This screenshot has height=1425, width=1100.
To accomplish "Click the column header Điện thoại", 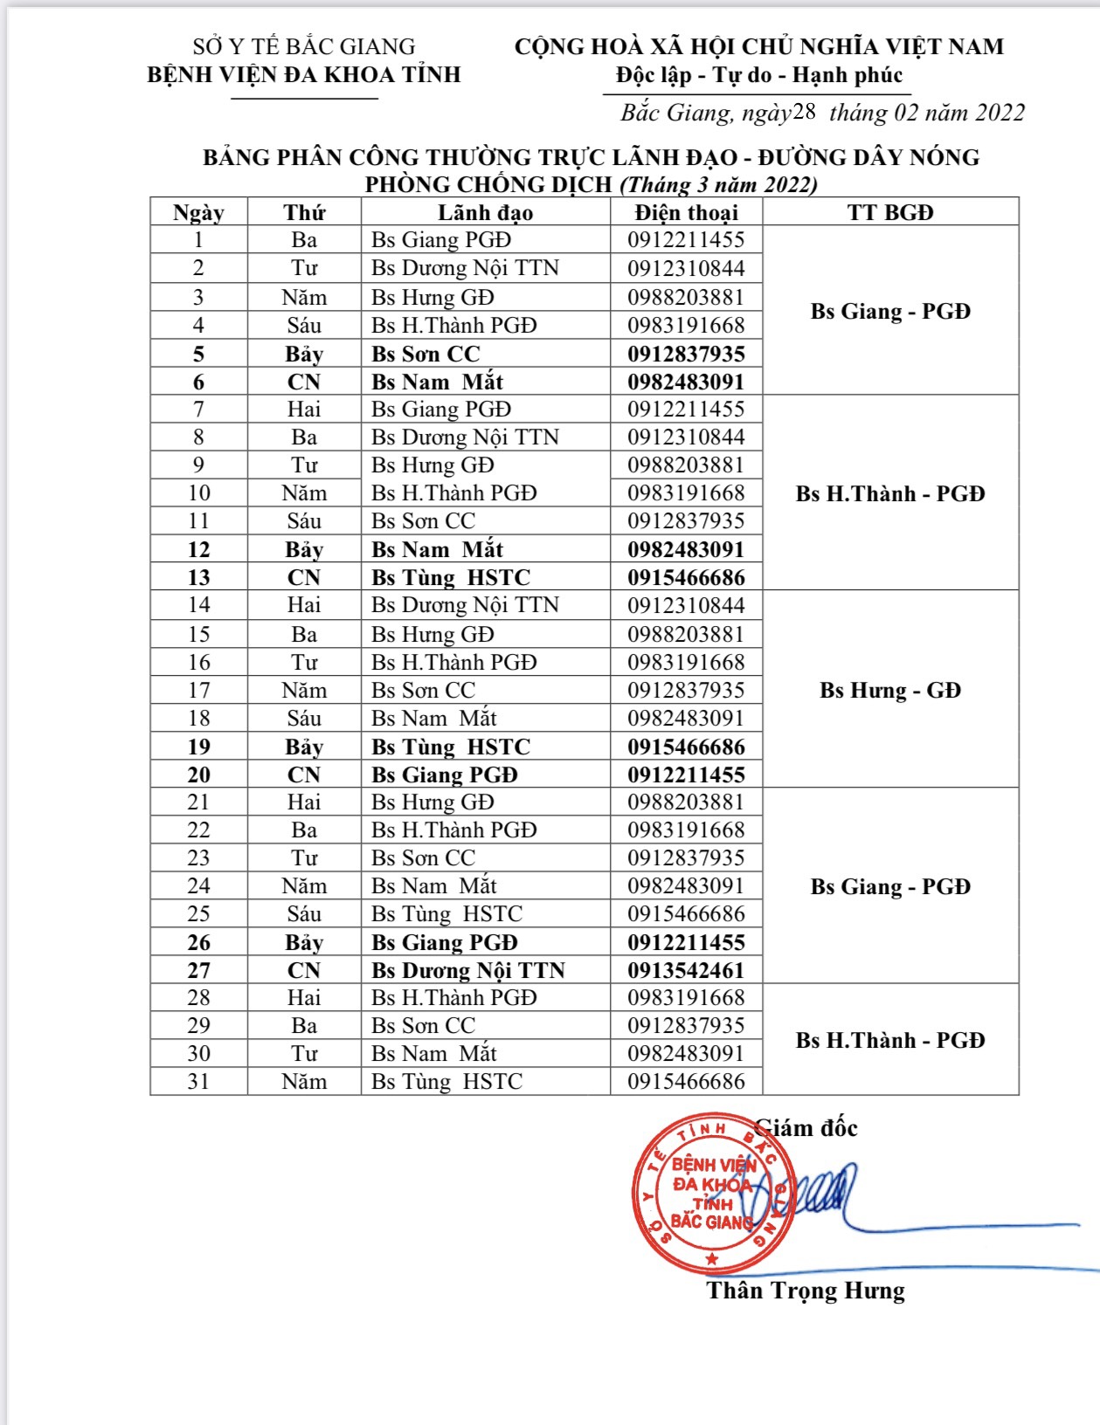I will (x=686, y=212).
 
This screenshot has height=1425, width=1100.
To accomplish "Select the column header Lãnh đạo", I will (x=485, y=212).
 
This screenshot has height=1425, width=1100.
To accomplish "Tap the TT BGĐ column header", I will (x=890, y=212).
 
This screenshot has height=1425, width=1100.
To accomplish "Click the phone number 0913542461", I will (x=686, y=970).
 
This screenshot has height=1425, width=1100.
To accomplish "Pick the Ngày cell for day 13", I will (x=199, y=577).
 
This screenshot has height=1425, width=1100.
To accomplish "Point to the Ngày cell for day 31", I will (x=199, y=1081).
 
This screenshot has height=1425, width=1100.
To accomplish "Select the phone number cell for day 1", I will (x=686, y=240).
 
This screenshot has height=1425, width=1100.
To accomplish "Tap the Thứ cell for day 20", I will (x=304, y=774).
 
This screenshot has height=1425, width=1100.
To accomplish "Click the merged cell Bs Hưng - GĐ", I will (x=890, y=690).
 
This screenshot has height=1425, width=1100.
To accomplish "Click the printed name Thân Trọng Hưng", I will (x=806, y=1291).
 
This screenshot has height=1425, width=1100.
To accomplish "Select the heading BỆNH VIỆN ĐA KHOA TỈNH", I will (x=304, y=75).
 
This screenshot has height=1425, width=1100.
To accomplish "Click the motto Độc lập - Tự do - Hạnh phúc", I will (x=758, y=75).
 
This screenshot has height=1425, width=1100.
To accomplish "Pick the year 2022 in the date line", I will (x=1000, y=113).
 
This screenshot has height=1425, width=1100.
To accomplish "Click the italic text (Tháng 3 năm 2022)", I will (x=718, y=184).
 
